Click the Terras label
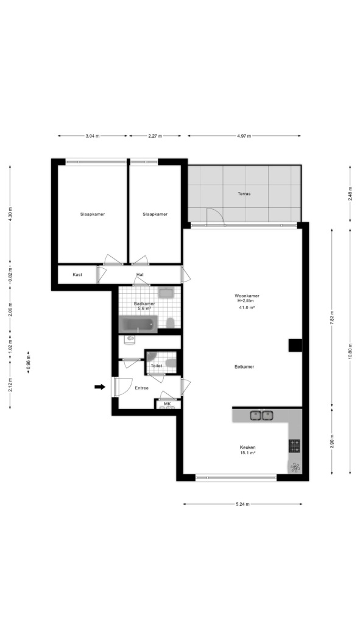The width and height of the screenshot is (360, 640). point(244,194)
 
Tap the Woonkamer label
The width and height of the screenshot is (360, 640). point(247,296)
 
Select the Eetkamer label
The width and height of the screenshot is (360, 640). point(244,366)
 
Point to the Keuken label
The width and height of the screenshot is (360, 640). point(248,447)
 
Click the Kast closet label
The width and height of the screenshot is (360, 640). point(77,275)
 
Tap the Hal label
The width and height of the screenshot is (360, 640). point(140,275)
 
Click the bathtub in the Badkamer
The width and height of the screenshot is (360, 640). point(138,324)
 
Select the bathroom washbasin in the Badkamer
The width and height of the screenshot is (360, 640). point(166,292)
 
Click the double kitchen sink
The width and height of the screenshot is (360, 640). point(261,416)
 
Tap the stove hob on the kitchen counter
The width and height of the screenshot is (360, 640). point(294,446)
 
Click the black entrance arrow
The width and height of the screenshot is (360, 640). point(100,387)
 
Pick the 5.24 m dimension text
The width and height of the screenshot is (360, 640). point(242,504)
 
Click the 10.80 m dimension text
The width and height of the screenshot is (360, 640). point(350,351)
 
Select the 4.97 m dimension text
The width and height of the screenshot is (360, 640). point(244,136)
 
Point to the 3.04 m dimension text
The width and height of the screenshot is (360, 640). point(93,136)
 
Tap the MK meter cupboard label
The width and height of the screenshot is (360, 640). point(167,404)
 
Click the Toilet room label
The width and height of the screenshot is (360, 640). point(157,366)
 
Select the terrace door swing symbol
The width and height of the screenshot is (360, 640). point(216,216)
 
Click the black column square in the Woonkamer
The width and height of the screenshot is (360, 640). point(295,346)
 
